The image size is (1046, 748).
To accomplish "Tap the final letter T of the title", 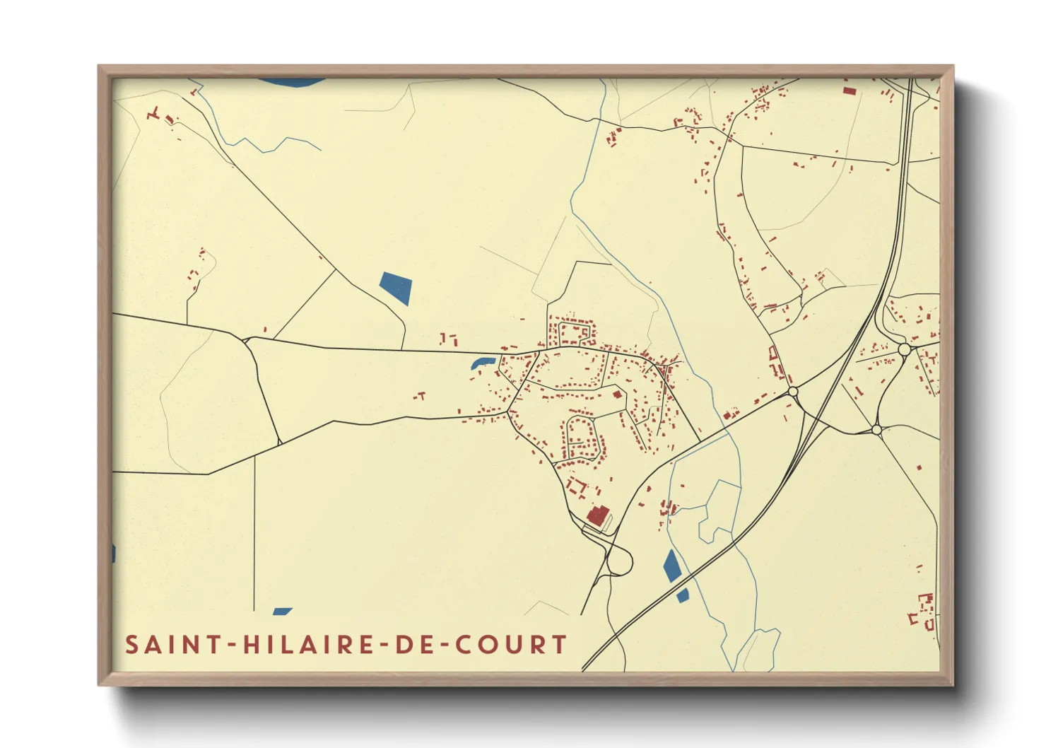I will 560,645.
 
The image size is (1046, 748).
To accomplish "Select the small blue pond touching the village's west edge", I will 481,363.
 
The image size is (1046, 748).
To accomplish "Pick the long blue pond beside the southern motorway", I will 671,566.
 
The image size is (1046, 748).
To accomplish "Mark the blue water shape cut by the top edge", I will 290,82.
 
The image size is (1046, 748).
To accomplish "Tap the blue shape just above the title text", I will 282,612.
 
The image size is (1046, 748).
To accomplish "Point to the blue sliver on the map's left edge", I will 113,553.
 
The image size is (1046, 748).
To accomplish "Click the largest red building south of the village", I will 598,515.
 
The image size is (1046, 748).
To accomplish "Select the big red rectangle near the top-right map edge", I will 849,90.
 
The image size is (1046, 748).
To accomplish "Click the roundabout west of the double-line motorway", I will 792,392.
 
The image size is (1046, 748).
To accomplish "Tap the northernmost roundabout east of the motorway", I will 904,349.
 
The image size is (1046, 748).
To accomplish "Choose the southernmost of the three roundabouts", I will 876,429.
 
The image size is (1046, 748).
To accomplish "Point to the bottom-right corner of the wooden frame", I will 952,684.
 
